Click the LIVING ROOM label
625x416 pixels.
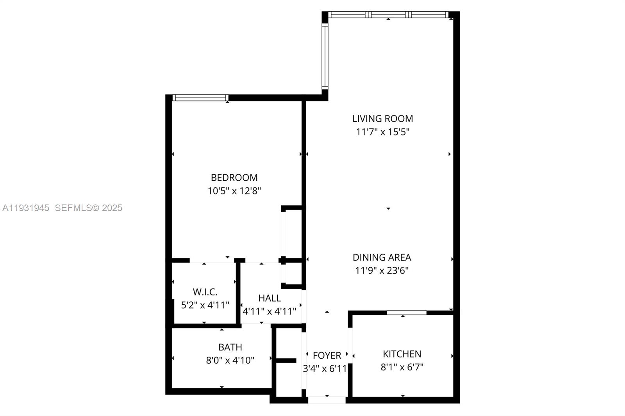tap(382, 119)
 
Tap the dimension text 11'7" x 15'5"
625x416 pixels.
tap(382, 132)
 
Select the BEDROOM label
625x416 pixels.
tap(234, 178)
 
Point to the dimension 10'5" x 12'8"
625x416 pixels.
tap(234, 191)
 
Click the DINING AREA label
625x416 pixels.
tap(382, 258)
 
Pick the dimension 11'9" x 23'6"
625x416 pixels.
tap(382, 270)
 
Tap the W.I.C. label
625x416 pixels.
tap(205, 292)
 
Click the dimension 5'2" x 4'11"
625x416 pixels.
tap(205, 305)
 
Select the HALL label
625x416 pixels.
tap(269, 298)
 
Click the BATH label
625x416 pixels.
tap(230, 347)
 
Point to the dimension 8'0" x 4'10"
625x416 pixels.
tap(230, 360)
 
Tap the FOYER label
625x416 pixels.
tap(327, 356)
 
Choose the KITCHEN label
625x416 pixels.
tap(402, 354)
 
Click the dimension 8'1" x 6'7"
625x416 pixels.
tap(402, 367)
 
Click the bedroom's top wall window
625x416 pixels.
tap(200, 98)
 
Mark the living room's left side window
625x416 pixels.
tap(325, 55)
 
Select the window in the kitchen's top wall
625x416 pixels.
tap(407, 313)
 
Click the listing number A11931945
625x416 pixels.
tap(26, 208)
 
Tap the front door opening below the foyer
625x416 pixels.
tap(327, 400)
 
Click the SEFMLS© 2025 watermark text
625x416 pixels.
tap(89, 208)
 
